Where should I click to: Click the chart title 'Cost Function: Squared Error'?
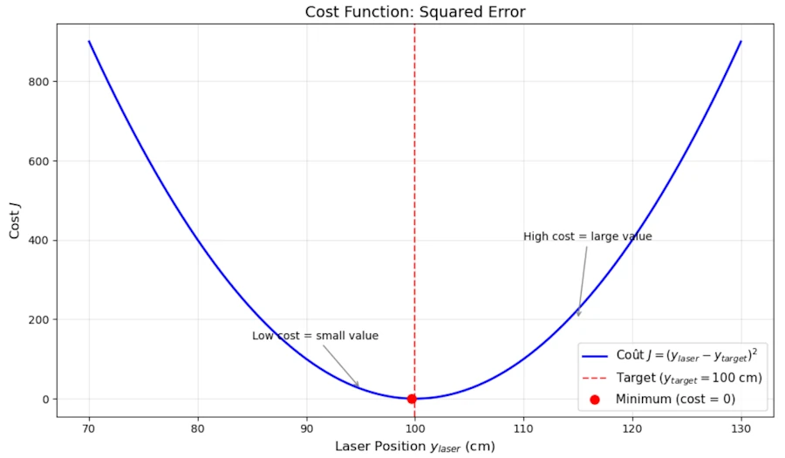tap(415, 11)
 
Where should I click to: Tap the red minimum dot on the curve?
tap(412, 399)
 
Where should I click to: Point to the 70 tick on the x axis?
tap(89, 428)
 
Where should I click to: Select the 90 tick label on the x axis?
tap(306, 428)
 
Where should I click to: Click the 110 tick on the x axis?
tap(523, 428)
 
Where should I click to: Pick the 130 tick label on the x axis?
tap(741, 428)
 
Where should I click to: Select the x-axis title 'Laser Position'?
tap(414, 446)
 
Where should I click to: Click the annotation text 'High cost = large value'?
tap(587, 236)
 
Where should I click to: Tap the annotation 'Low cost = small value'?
tap(315, 336)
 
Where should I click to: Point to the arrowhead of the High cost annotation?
tap(577, 314)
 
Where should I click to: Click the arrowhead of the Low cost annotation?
tap(358, 386)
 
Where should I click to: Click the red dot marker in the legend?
tap(595, 400)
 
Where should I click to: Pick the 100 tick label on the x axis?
tap(414, 428)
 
